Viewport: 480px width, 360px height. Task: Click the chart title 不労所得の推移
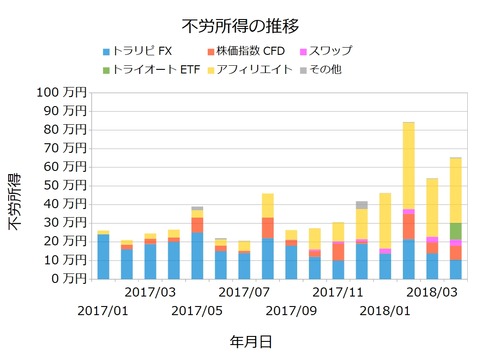(x=240, y=24)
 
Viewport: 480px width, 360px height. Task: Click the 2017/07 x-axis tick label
(x=245, y=292)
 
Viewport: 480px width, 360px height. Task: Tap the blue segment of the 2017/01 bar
(x=103, y=256)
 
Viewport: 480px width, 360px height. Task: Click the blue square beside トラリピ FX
(x=106, y=51)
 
